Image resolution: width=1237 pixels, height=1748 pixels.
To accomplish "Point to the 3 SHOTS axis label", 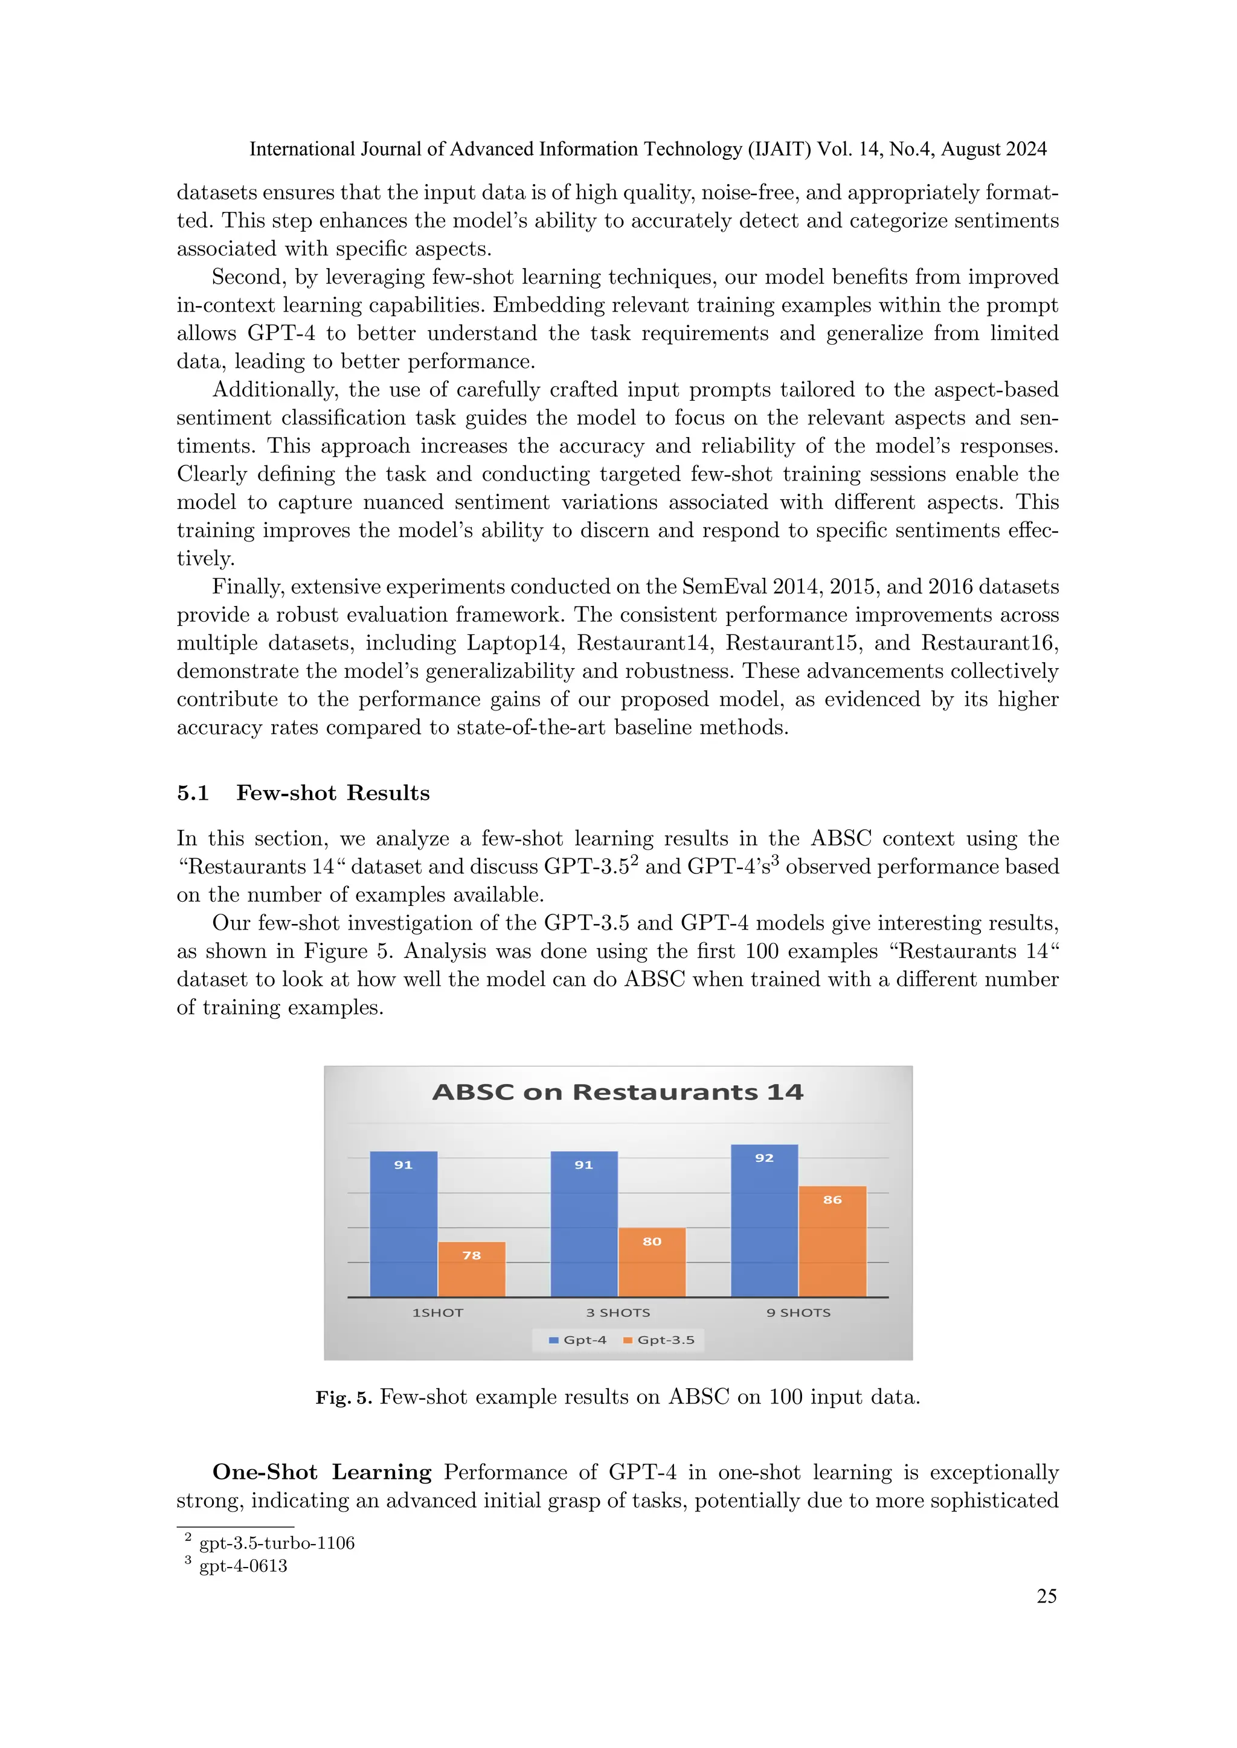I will [x=618, y=1313].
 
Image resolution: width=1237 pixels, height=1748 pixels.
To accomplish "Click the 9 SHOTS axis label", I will [x=798, y=1313].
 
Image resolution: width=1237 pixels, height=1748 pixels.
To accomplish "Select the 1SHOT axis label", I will [x=437, y=1313].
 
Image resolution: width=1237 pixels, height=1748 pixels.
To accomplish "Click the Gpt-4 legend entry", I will [x=578, y=1340].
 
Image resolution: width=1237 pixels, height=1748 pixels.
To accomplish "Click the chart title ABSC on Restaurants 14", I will [x=618, y=1092].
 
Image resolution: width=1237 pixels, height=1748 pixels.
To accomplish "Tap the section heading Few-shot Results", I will [x=333, y=793].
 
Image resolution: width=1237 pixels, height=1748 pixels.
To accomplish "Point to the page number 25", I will [x=1047, y=1596].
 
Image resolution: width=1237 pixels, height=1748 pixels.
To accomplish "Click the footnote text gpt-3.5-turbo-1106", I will [x=277, y=1543].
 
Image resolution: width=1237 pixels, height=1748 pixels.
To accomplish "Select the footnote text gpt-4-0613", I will [x=243, y=1566].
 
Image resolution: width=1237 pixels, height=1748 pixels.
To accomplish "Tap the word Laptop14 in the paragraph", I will [x=515, y=643].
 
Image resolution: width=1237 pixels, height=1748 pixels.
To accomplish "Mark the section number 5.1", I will [x=193, y=793].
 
